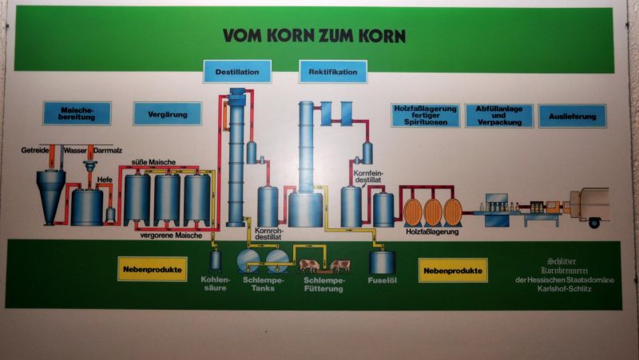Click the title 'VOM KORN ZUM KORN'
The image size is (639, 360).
(x=315, y=36)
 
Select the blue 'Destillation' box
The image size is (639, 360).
(x=237, y=72)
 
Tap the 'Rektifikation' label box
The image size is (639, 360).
(x=333, y=72)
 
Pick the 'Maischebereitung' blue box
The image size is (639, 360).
(x=77, y=113)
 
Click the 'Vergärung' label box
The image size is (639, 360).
(x=167, y=113)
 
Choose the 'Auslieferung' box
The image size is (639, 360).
(x=572, y=117)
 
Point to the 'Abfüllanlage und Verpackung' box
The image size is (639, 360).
(x=503, y=116)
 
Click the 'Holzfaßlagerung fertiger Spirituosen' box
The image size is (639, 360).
(x=426, y=115)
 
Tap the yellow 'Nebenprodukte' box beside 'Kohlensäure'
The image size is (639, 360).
(x=152, y=269)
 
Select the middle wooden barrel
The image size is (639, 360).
(x=433, y=212)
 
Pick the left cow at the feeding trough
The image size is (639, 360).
(x=308, y=265)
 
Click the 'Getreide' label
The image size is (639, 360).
(x=34, y=150)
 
